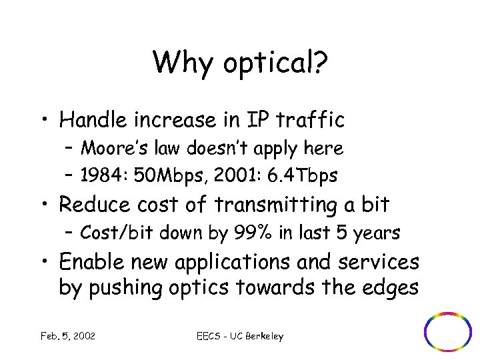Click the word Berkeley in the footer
tap(264, 337)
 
